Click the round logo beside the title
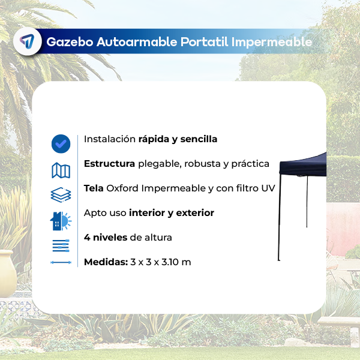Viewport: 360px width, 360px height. click(28, 41)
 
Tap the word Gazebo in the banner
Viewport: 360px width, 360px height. click(70, 42)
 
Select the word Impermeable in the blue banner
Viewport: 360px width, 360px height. click(272, 42)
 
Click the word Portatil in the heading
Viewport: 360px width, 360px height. click(205, 42)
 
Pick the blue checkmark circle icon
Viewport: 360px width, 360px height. click(61, 144)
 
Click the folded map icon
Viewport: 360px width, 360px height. click(61, 170)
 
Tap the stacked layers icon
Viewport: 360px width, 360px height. click(61, 195)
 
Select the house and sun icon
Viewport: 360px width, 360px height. click(61, 221)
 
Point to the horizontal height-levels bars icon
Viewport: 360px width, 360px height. click(61, 245)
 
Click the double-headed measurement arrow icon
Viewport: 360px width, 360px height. click(61, 262)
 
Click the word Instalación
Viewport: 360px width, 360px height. click(110, 139)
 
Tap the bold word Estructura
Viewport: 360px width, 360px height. click(110, 164)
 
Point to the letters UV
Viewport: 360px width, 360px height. click(268, 188)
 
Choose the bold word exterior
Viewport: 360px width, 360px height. click(195, 213)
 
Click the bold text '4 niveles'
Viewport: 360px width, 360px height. click(106, 238)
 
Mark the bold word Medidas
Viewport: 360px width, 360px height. click(106, 262)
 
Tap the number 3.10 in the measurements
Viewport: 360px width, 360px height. click(170, 262)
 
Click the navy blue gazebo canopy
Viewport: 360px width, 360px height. click(303, 165)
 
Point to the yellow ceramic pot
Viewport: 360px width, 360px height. click(8, 273)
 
